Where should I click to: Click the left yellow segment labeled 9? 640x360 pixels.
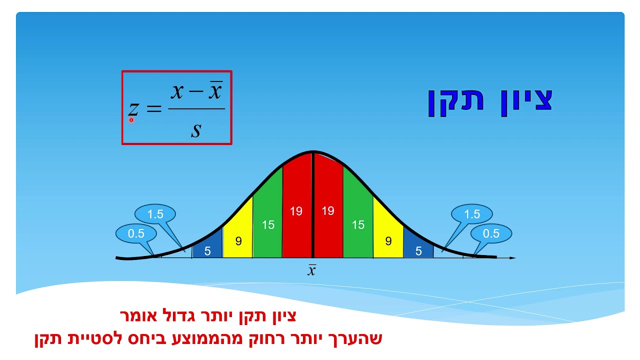238,240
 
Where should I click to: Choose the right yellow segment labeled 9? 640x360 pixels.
388,240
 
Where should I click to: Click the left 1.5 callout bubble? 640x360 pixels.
155,214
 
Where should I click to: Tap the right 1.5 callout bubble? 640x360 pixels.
472,214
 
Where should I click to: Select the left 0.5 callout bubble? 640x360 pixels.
136,233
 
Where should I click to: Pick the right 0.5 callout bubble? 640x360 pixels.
491,233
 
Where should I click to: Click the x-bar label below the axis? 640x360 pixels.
311,270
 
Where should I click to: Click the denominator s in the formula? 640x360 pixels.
196,130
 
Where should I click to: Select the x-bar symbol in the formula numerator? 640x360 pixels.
214,91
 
